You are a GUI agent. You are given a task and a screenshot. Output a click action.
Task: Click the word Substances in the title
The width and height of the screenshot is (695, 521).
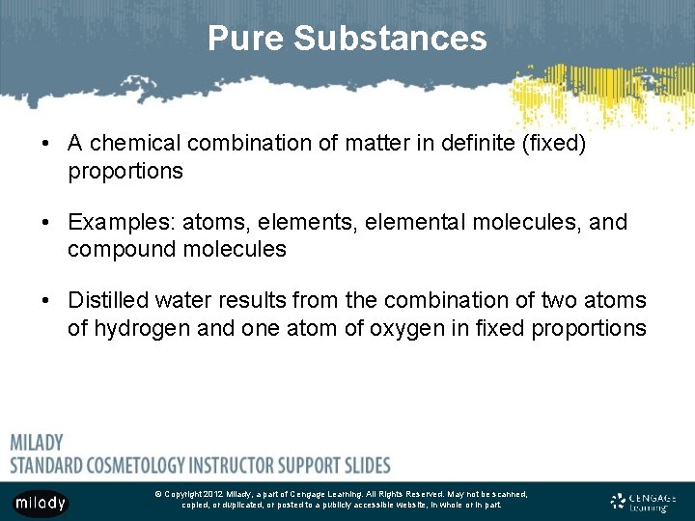click(x=390, y=39)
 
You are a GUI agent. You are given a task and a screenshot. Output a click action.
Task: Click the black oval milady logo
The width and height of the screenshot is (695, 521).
click(x=41, y=502)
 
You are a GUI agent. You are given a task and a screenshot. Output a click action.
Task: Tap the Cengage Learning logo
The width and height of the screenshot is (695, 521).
click(x=643, y=502)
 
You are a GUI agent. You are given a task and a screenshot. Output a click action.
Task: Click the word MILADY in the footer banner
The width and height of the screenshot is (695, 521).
click(x=37, y=443)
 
